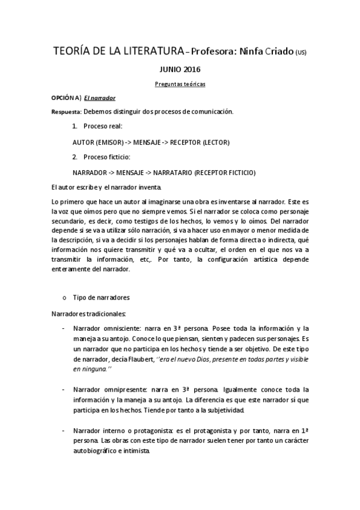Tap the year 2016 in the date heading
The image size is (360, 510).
tap(192, 69)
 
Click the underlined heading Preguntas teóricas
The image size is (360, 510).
tap(180, 84)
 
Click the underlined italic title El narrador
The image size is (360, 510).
tap(100, 97)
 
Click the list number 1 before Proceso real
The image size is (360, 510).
tap(74, 127)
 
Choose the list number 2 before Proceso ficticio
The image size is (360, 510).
tap(74, 158)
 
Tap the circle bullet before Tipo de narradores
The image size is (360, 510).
tap(64, 298)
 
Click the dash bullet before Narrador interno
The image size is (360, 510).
tap(64, 432)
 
